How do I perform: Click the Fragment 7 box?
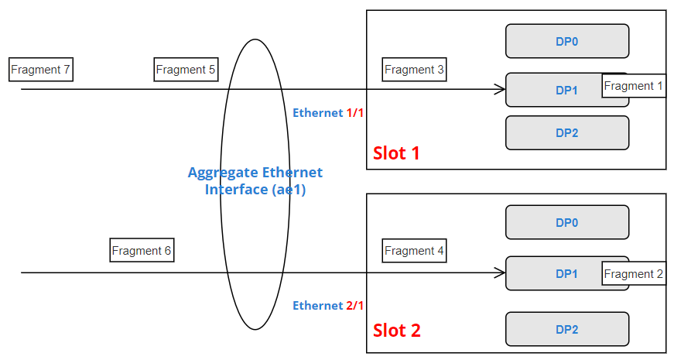pyautogui.click(x=41, y=70)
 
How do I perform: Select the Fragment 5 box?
pyautogui.click(x=186, y=70)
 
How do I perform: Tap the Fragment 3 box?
pyautogui.click(x=414, y=70)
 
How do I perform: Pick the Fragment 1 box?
pyautogui.click(x=634, y=86)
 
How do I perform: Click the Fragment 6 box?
pyautogui.click(x=142, y=251)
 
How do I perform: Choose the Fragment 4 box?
pyautogui.click(x=414, y=251)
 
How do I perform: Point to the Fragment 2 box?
pyautogui.click(x=634, y=274)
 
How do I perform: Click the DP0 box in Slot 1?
pyautogui.click(x=567, y=41)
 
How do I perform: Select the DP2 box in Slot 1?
pyautogui.click(x=567, y=132)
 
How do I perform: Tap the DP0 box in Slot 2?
pyautogui.click(x=567, y=222)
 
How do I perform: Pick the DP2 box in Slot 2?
pyautogui.click(x=567, y=329)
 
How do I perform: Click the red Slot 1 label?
pyautogui.click(x=396, y=153)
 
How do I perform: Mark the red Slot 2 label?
pyautogui.click(x=397, y=331)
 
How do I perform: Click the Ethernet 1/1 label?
pyautogui.click(x=328, y=113)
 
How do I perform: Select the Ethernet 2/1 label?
pyautogui.click(x=328, y=306)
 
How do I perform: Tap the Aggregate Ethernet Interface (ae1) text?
pyautogui.click(x=255, y=180)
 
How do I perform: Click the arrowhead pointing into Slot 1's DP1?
pyautogui.click(x=501, y=89)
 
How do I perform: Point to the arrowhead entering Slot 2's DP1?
pyautogui.click(x=501, y=273)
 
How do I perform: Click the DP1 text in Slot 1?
pyautogui.click(x=567, y=90)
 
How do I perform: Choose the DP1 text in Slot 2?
pyautogui.click(x=567, y=273)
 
